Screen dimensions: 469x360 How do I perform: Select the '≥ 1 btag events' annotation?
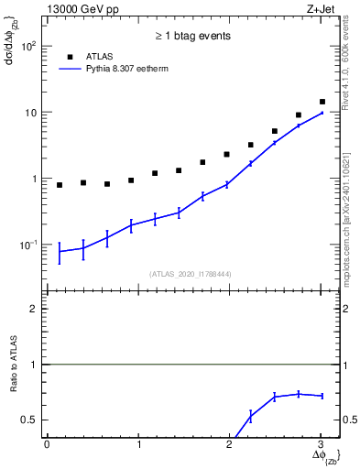point(191,37)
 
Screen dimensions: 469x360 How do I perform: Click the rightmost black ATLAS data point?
point(322,102)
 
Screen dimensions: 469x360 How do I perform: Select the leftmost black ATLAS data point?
point(60,185)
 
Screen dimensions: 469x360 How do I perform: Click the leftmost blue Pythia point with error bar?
point(60,251)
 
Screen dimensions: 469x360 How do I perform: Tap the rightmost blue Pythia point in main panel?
point(322,113)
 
